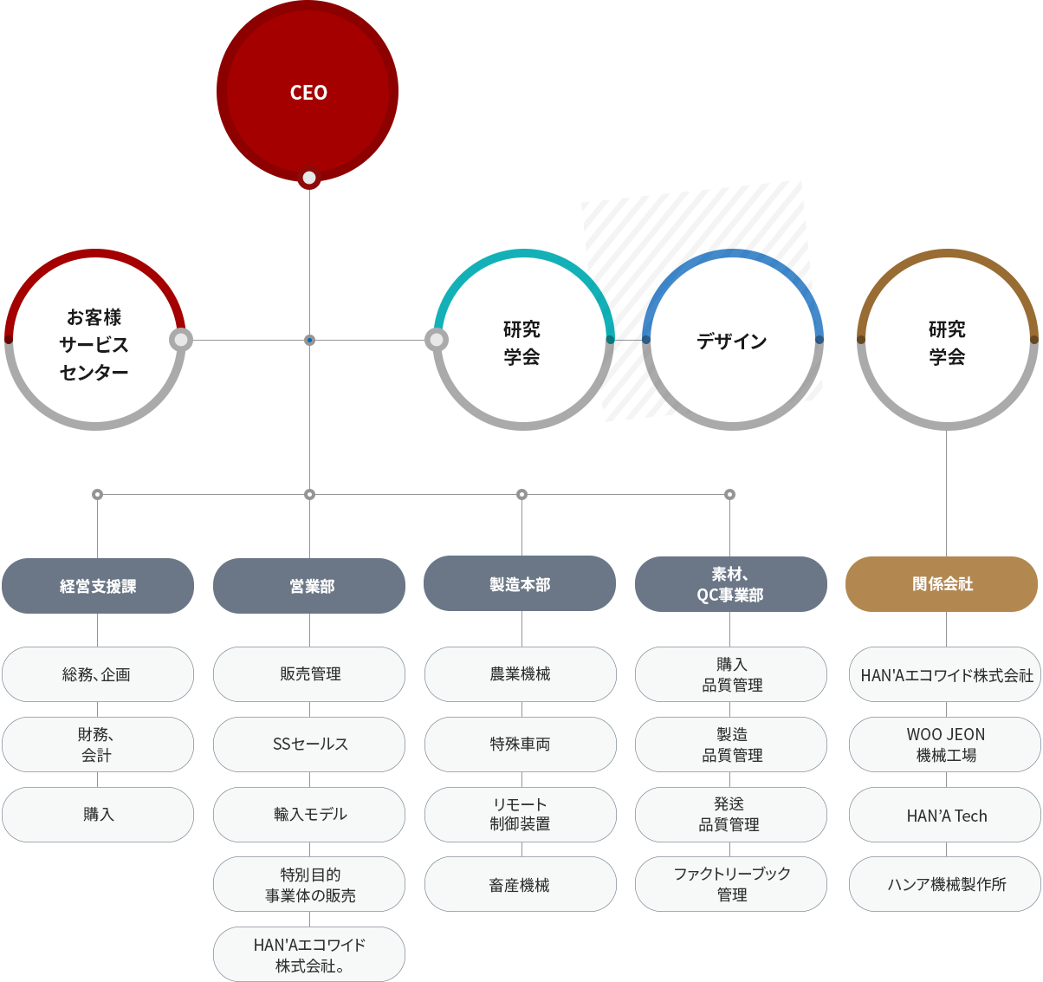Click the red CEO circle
(x=308, y=91)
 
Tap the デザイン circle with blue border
(x=732, y=341)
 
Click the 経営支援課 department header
(x=97, y=586)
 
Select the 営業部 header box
(x=308, y=586)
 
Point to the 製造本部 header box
(x=519, y=583)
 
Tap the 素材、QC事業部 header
(x=730, y=584)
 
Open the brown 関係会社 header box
(x=943, y=584)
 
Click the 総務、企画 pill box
(x=97, y=674)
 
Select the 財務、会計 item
(x=97, y=745)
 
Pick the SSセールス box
(x=308, y=745)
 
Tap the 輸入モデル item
(x=308, y=815)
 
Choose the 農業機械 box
(x=520, y=674)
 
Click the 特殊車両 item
(x=520, y=745)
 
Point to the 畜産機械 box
(x=520, y=885)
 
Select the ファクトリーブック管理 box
(x=731, y=884)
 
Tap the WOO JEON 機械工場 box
(x=946, y=745)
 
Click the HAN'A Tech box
(x=946, y=816)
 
